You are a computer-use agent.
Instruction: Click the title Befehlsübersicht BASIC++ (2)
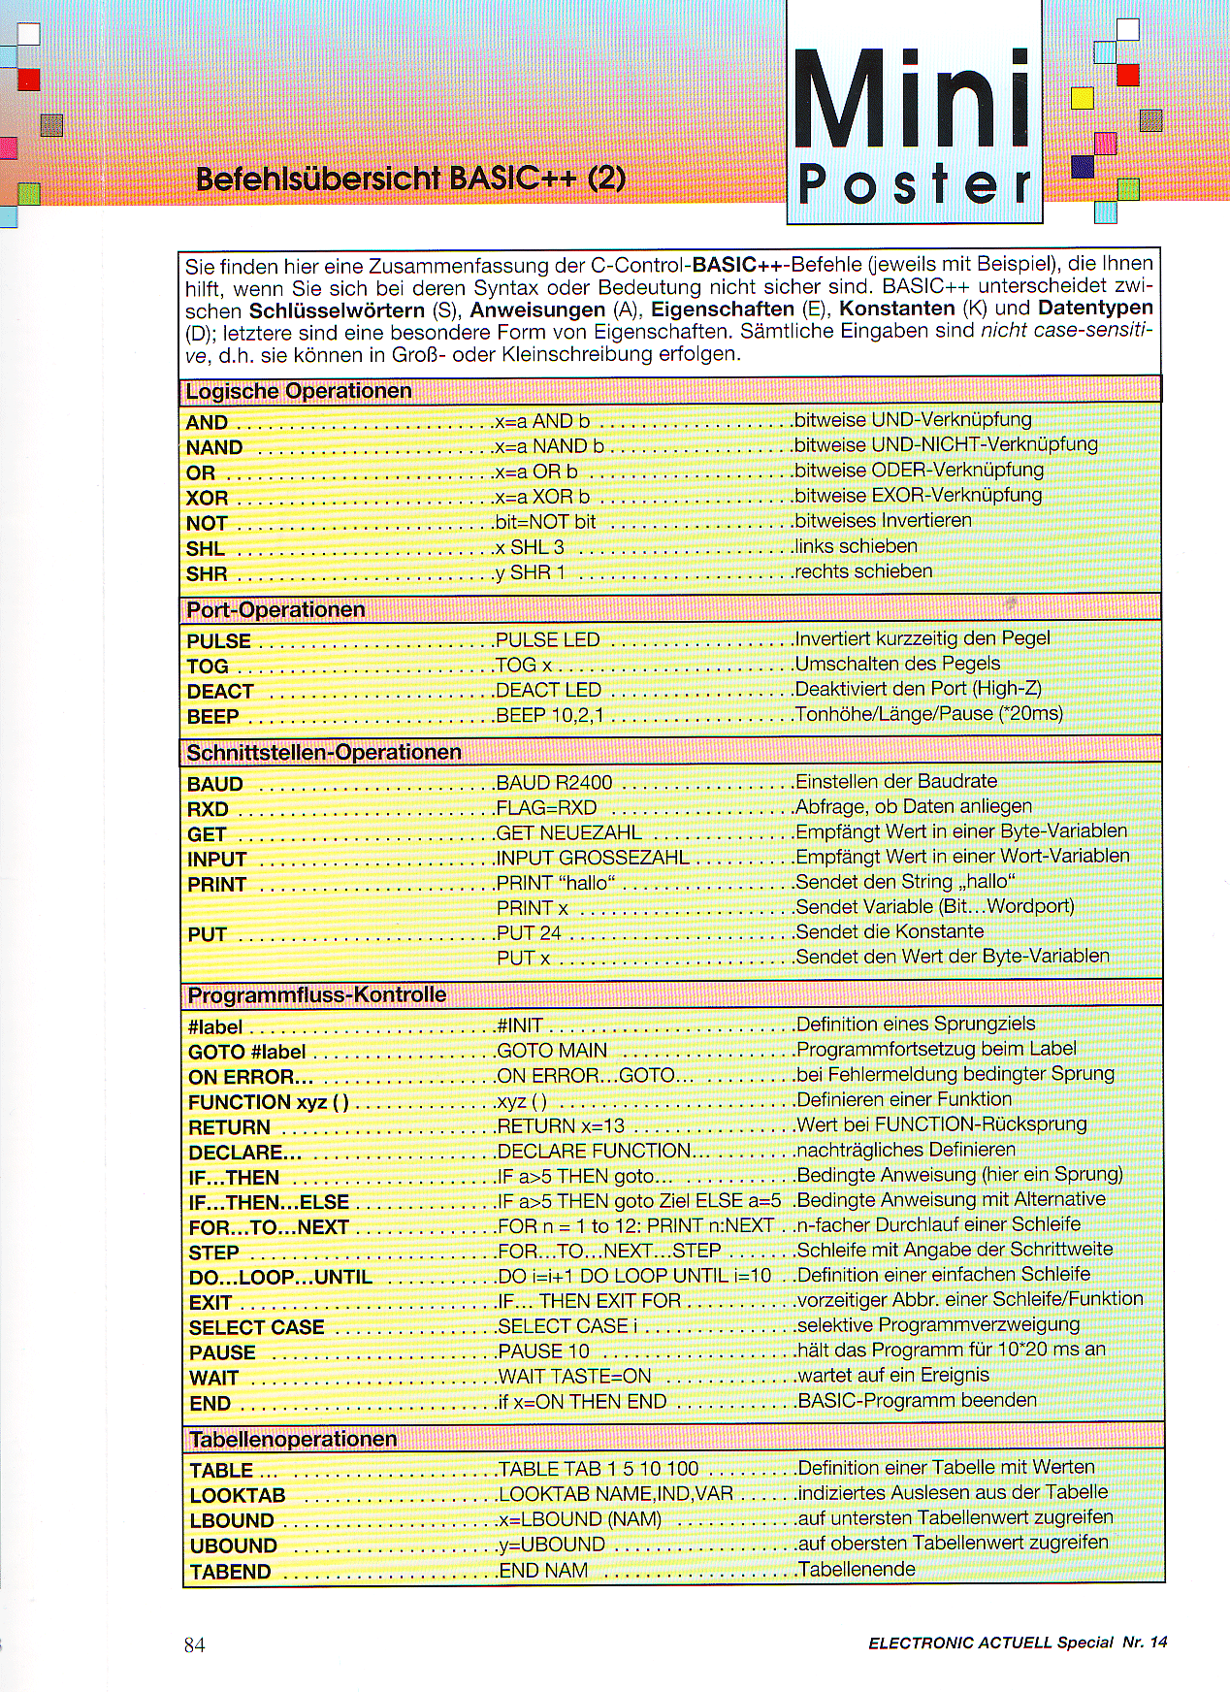coord(409,179)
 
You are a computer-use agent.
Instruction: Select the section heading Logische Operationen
coord(299,391)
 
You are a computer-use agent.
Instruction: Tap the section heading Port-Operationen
coord(275,609)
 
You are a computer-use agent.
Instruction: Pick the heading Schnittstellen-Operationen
coord(324,752)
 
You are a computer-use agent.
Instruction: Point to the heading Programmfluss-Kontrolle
coord(316,994)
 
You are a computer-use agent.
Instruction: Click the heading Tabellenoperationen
coord(293,1439)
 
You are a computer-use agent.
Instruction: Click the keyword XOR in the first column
coord(207,498)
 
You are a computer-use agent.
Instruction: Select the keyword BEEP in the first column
coord(212,717)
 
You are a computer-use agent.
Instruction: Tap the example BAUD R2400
coord(554,782)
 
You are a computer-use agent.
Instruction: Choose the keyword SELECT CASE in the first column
coord(256,1327)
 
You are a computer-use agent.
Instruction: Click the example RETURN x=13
coord(561,1126)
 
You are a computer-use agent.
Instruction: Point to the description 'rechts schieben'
coord(862,571)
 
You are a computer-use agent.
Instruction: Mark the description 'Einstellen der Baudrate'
coord(895,781)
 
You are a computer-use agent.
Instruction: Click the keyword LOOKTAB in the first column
coord(237,1495)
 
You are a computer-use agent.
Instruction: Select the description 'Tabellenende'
coord(856,1569)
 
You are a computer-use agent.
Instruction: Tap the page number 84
coord(194,1644)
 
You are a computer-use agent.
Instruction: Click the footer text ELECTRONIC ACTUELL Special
coord(990,1643)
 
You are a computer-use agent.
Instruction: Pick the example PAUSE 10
coord(543,1351)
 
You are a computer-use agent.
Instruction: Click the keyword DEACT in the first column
coord(219,692)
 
